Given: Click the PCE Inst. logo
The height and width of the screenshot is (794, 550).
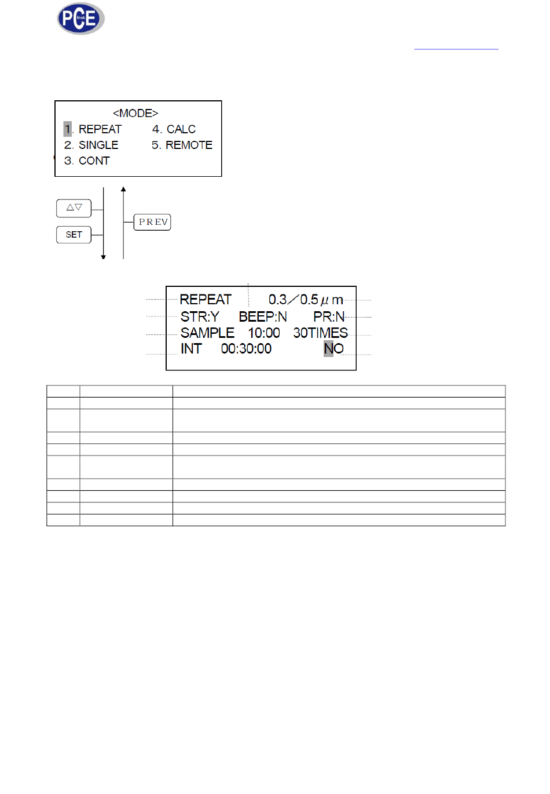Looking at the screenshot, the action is click(80, 19).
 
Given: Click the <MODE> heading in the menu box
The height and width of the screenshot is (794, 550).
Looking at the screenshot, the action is click(135, 113).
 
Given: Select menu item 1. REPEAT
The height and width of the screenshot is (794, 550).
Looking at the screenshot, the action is click(93, 129).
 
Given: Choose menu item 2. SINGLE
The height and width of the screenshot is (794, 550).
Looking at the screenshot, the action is click(91, 145).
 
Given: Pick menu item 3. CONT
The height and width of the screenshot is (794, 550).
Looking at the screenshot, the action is click(87, 161).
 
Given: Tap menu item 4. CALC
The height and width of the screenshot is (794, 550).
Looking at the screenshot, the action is click(174, 129).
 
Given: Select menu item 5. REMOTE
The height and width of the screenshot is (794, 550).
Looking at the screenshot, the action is click(182, 145).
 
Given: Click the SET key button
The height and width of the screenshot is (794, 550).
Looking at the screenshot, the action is click(74, 235).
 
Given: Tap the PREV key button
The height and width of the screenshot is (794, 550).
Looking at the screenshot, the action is click(152, 222).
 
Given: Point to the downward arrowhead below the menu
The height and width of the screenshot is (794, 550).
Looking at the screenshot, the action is click(104, 257).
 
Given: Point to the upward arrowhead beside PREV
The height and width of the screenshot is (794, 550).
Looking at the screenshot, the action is click(123, 190).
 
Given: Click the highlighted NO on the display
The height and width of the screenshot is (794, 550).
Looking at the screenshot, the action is click(333, 348).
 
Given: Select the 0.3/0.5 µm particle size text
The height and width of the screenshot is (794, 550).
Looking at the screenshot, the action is click(306, 300).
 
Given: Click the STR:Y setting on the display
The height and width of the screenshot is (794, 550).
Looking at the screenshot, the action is click(200, 316).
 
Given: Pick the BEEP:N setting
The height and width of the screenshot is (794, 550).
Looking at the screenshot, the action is click(263, 316).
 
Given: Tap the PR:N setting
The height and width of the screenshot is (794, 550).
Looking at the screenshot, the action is click(329, 316).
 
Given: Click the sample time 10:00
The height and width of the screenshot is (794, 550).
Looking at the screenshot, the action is click(264, 333).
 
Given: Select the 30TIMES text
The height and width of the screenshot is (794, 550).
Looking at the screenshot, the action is click(321, 333).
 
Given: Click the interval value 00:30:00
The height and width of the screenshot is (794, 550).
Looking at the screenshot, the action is click(246, 348).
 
